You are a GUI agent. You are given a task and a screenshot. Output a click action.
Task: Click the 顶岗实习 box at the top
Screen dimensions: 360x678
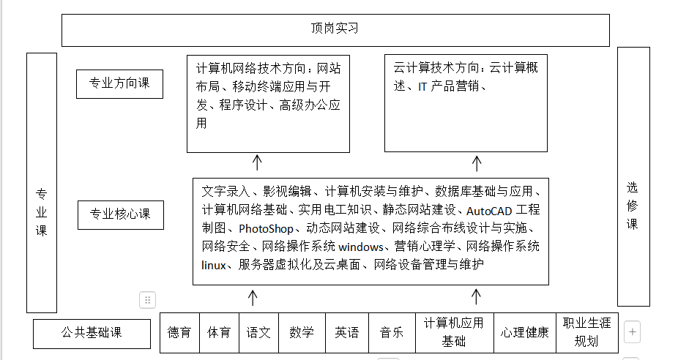[335, 30]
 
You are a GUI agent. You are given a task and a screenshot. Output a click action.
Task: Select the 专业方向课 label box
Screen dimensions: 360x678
[119, 83]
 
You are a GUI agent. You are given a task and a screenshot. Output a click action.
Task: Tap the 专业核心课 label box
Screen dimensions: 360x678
[120, 215]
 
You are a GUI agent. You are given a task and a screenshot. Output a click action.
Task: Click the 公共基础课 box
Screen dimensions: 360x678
[92, 334]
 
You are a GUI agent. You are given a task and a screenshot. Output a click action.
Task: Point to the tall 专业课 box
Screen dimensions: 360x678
[42, 183]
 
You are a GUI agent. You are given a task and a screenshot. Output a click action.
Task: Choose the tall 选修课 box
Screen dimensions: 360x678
[633, 176]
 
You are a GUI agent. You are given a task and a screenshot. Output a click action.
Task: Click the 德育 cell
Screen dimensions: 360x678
[179, 333]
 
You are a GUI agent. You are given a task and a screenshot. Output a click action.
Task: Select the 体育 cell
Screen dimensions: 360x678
[219, 333]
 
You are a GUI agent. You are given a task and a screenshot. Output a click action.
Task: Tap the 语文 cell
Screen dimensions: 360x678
[258, 333]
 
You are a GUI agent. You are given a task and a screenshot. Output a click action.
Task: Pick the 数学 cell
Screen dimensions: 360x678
[302, 333]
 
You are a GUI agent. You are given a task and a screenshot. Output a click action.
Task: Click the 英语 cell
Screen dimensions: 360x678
[347, 333]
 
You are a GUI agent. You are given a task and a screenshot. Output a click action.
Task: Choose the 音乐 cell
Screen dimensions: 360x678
[392, 333]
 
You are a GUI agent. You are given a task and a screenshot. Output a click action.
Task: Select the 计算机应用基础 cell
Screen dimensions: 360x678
[454, 333]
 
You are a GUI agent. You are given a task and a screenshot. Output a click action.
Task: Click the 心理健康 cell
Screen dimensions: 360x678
[524, 333]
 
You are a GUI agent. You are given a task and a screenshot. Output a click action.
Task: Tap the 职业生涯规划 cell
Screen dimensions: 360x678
[586, 333]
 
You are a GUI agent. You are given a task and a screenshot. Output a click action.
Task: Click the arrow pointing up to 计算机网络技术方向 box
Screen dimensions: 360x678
[257, 162]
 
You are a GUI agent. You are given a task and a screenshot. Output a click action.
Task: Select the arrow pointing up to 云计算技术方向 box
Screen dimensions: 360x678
[475, 162]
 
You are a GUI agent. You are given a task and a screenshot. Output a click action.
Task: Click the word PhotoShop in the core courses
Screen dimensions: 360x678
[266, 229]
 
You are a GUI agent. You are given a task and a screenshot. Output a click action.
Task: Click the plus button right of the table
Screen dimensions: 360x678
[633, 331]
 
